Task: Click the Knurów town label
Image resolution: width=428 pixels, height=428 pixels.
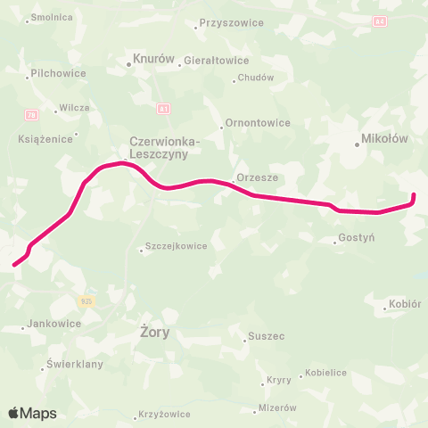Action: click(x=152, y=60)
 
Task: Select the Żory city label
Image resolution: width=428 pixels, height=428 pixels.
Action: click(x=155, y=332)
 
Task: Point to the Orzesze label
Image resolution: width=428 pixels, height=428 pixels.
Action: click(x=258, y=177)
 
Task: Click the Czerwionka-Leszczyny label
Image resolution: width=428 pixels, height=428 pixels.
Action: click(x=165, y=147)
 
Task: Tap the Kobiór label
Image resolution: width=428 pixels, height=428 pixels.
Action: click(x=403, y=306)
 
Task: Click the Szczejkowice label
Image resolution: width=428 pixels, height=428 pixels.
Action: click(x=177, y=246)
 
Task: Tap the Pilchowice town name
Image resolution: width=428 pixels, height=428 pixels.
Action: click(x=57, y=74)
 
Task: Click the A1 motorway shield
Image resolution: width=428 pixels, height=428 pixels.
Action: click(x=163, y=109)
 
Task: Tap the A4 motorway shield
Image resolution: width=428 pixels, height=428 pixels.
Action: click(x=381, y=21)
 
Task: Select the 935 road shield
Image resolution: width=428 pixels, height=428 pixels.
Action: click(x=86, y=301)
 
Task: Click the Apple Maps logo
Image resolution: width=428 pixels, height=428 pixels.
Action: click(x=32, y=413)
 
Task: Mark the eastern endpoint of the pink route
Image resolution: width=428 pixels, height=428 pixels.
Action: click(x=413, y=195)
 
